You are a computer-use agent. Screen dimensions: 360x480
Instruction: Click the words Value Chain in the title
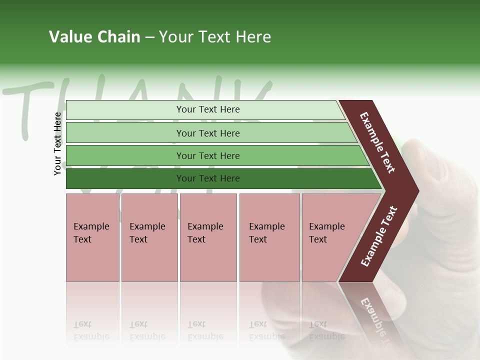94,37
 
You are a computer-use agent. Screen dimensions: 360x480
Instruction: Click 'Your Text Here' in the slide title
215,37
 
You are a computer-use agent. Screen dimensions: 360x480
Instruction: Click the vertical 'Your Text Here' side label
57,143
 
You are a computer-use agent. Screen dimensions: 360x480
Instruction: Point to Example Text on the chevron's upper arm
377,142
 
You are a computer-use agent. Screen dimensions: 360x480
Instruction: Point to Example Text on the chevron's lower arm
379,236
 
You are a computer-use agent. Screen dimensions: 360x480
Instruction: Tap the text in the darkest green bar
208,178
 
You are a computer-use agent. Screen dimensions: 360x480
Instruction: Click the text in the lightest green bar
208,109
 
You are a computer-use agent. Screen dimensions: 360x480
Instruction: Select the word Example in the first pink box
91,226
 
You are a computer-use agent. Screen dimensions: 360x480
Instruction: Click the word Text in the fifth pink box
317,239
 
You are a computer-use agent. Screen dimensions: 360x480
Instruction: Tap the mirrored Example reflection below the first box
91,336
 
